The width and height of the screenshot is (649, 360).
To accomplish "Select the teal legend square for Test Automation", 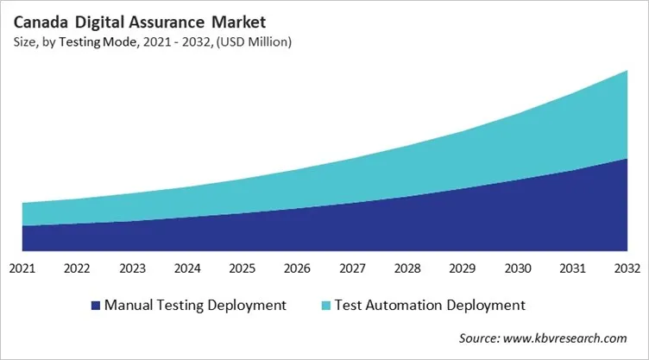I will click(324, 305).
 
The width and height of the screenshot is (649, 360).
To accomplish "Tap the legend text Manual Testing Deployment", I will click(194, 305).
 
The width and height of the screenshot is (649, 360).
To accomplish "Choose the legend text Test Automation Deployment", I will click(429, 305).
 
